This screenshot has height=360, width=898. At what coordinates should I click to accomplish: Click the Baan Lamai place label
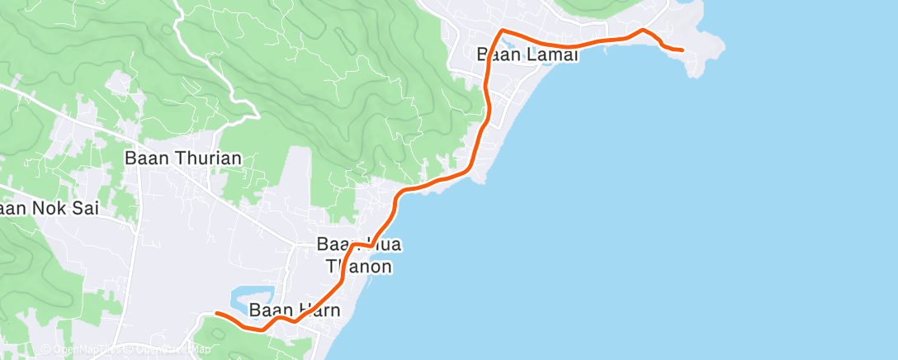(528, 55)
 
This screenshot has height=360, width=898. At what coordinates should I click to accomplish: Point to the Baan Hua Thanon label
(355, 255)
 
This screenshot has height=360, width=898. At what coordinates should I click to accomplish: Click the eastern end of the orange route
(682, 50)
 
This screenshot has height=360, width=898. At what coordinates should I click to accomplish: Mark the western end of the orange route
(215, 313)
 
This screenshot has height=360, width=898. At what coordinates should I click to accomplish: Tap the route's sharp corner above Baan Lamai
(501, 31)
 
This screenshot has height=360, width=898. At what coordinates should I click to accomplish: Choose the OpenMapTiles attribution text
(87, 349)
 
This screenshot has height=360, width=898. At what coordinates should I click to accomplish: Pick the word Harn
(316, 310)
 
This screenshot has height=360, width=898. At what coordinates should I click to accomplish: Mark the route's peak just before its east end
(642, 30)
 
